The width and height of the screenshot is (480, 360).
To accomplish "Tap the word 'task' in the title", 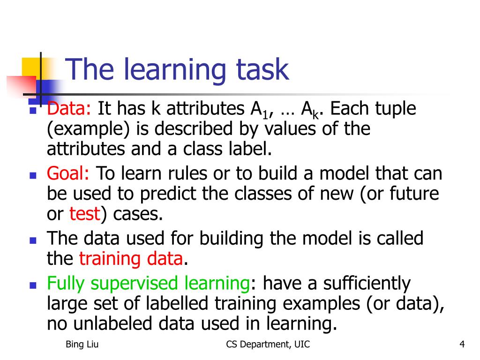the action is [262, 69].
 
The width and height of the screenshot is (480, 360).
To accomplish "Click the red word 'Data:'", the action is [69, 108].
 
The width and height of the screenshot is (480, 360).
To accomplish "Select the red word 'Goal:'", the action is [68, 173].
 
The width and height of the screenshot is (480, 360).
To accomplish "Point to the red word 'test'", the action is [85, 214].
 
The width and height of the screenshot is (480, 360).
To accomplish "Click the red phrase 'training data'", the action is [131, 259].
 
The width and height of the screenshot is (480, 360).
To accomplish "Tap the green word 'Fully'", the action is [66, 284].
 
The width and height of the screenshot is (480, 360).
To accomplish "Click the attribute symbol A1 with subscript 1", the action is [260, 110].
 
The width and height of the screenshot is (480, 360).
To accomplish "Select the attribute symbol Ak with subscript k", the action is [310, 110].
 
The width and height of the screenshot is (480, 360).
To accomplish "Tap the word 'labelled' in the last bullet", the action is [177, 303].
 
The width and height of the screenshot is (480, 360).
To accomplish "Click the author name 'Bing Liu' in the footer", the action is [82, 345].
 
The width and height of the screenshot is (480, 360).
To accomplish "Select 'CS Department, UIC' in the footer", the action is [268, 345].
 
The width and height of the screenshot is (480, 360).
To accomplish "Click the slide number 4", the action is [462, 345].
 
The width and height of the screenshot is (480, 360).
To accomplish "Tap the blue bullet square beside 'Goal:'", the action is [33, 175].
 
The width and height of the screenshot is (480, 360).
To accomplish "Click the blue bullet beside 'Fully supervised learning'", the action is [33, 285].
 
